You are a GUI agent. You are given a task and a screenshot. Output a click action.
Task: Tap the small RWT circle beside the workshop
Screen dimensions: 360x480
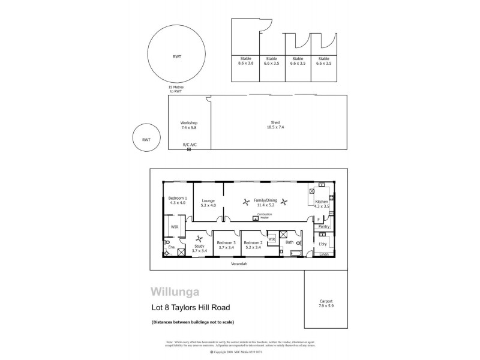[146, 139]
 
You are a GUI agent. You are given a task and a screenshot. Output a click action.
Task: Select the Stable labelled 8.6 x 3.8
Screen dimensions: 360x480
[245, 61]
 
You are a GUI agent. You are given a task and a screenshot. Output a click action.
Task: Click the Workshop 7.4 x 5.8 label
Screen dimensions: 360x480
[188, 125]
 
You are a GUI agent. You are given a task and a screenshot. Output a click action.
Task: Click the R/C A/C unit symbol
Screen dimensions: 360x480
[189, 149]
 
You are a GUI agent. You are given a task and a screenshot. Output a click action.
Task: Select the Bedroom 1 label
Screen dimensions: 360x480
[177, 200]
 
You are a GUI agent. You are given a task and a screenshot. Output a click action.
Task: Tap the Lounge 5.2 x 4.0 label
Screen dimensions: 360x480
[208, 203]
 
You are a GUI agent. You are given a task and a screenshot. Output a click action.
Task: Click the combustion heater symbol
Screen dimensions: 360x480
[256, 218]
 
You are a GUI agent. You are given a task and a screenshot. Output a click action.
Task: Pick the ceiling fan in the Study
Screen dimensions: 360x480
[199, 241]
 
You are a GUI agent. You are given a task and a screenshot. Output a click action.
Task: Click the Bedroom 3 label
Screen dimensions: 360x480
[226, 245]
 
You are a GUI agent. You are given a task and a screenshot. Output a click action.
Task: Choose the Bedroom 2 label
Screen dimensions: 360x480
[253, 245]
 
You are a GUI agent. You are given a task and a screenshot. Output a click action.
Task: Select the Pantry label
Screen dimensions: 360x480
[323, 227]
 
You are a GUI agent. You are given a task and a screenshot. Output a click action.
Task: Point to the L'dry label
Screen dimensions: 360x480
[322, 244]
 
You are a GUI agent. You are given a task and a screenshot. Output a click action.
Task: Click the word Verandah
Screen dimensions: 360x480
[239, 264]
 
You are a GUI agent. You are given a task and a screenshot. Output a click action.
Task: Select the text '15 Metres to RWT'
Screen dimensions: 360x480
[175, 89]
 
